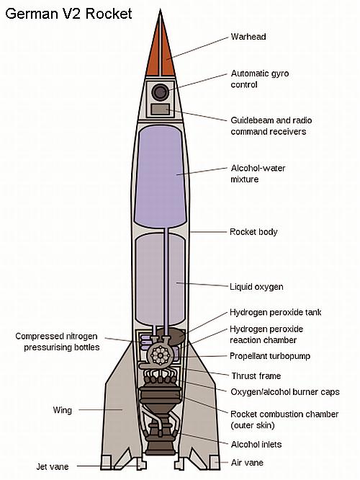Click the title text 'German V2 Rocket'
pyautogui.click(x=68, y=14)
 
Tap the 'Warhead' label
pyautogui.click(x=248, y=37)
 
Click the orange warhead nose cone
pyautogui.click(x=161, y=46)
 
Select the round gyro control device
pyautogui.click(x=161, y=92)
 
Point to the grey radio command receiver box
pyautogui.click(x=161, y=110)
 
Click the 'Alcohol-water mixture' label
pyautogui.click(x=258, y=174)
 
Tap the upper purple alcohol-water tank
pyautogui.click(x=161, y=177)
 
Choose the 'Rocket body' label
pyautogui.click(x=253, y=232)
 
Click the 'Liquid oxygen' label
pyautogui.click(x=256, y=287)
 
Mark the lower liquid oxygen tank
pyautogui.click(x=160, y=279)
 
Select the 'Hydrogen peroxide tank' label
pyautogui.click(x=275, y=312)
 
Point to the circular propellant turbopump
pyautogui.click(x=160, y=355)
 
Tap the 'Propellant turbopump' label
pyautogui.click(x=270, y=356)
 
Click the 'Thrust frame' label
pyautogui.click(x=256, y=375)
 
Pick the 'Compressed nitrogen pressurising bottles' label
pyautogui.click(x=57, y=342)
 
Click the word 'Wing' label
pyautogui.click(x=63, y=410)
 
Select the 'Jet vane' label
pyautogui.click(x=53, y=466)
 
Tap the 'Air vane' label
pyautogui.click(x=247, y=462)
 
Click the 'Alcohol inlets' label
pyautogui.click(x=256, y=444)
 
